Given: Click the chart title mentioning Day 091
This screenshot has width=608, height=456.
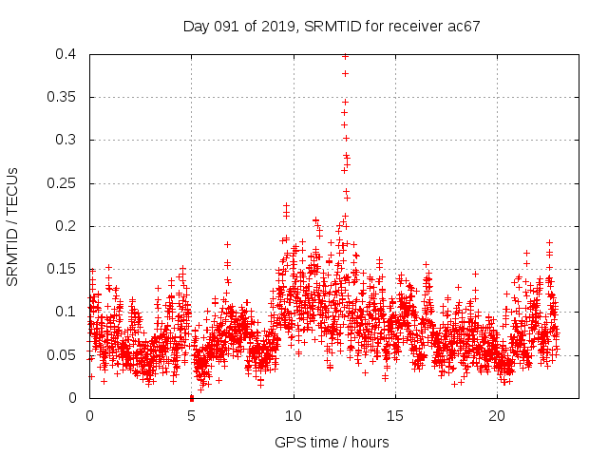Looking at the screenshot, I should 332,27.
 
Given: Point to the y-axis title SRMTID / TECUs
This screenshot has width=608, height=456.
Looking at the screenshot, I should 13,226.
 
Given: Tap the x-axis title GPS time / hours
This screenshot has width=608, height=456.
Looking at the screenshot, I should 332,442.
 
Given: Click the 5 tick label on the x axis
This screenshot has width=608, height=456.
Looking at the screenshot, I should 191,416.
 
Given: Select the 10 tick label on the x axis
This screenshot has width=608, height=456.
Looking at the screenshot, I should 294,416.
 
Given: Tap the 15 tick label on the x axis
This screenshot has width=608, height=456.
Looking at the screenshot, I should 396,416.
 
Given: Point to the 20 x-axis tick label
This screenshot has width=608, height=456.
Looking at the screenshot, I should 498,416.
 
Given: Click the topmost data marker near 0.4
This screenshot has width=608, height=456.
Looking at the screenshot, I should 345,56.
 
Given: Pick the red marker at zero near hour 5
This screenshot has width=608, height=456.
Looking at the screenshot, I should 192,397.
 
